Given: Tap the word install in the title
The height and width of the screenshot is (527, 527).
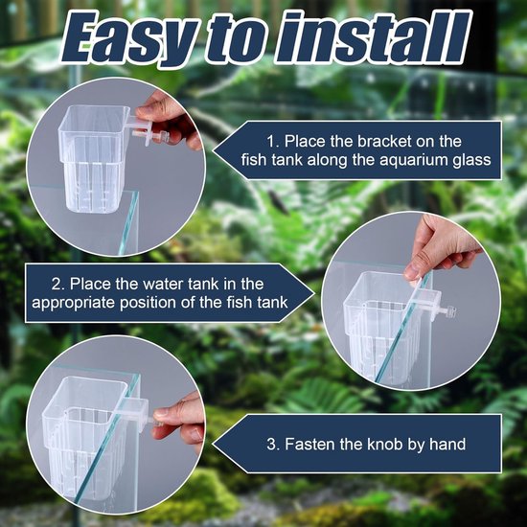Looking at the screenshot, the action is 373,37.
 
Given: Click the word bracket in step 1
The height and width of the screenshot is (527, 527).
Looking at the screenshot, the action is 384,141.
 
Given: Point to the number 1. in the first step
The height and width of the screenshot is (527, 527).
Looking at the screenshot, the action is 273,141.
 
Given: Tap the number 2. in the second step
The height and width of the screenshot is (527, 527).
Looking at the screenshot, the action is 58,284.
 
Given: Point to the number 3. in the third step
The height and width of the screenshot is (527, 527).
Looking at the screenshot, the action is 273,445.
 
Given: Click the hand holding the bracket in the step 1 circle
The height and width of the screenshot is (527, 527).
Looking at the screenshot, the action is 171,120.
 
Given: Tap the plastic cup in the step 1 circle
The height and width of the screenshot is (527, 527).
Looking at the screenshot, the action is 92,158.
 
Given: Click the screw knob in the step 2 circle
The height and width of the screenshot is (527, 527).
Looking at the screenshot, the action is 448,311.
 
